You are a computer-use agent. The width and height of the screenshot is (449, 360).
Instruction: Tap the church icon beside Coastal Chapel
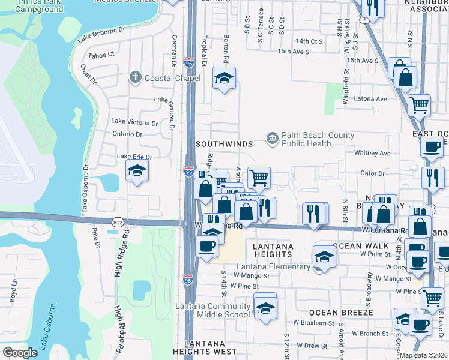coord(136,77)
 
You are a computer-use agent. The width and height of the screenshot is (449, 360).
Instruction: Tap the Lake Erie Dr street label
coord(134,157)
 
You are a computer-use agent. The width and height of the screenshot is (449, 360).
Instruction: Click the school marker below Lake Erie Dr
coord(137,172)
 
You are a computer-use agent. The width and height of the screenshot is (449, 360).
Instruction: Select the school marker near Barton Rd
coord(224,78)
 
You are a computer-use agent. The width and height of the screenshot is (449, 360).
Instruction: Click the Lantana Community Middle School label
coord(213,311)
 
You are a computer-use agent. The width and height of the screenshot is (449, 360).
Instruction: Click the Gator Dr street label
coord(373,173)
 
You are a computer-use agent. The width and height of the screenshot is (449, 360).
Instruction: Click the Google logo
coord(20,353)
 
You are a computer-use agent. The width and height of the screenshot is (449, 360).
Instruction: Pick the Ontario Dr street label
coord(126,134)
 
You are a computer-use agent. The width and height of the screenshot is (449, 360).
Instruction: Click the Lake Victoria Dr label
coord(135,122)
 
